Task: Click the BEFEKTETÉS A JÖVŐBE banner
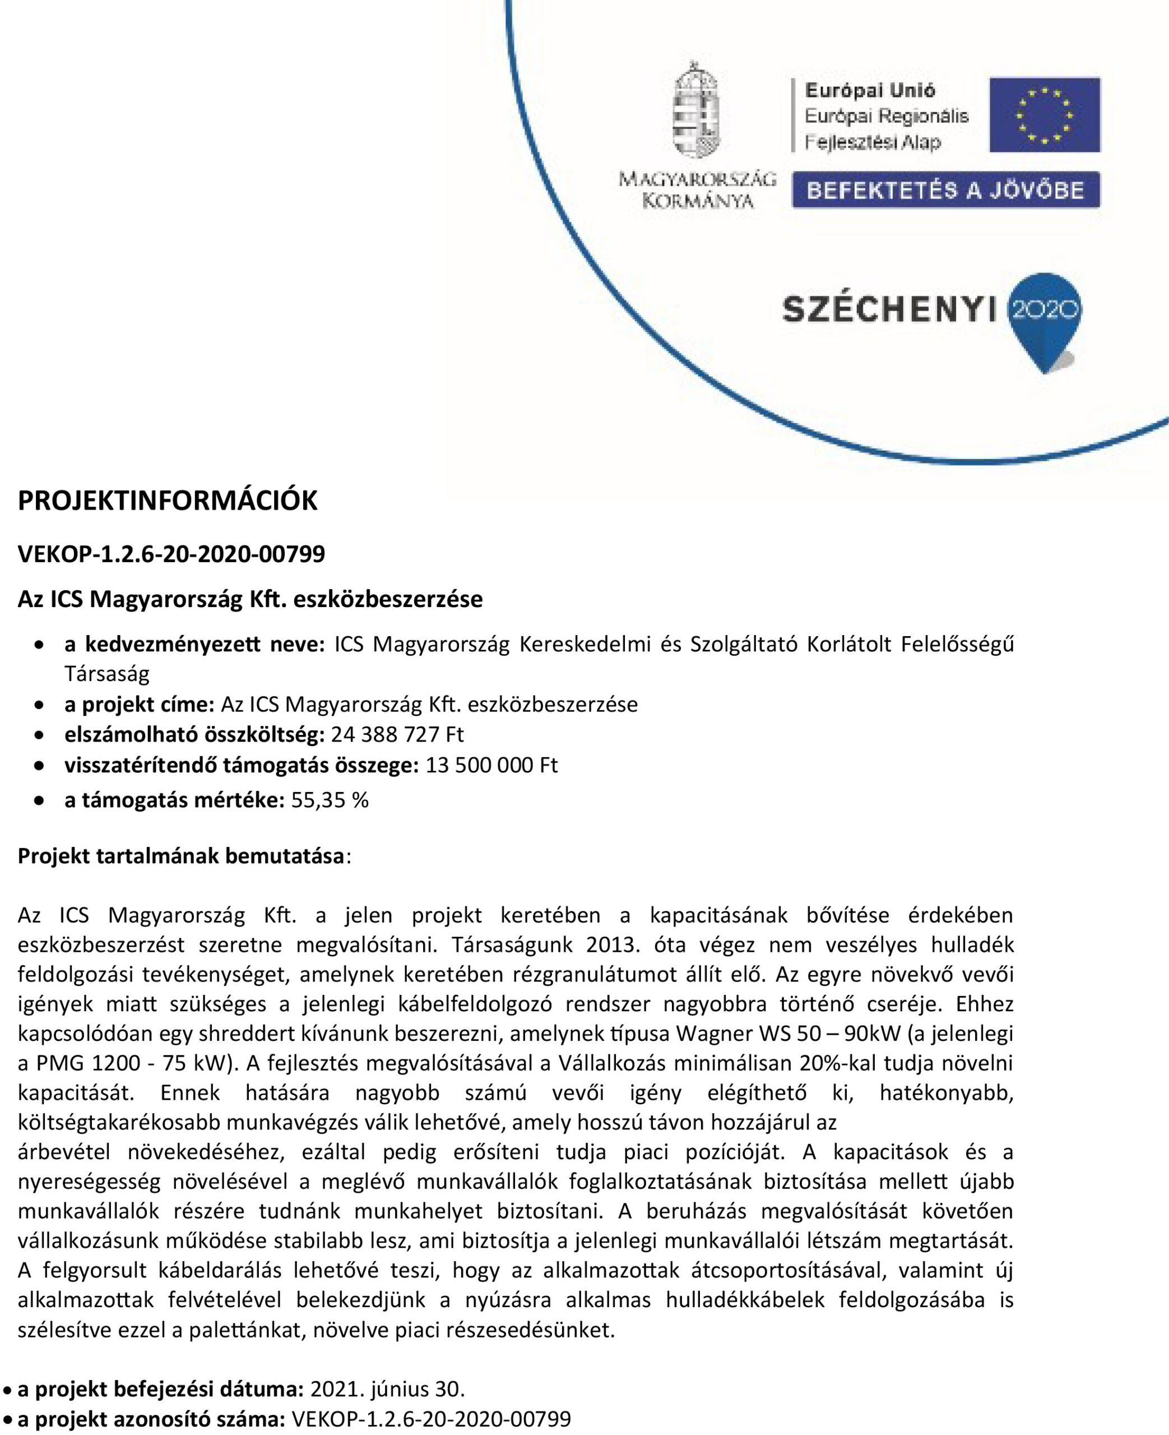coord(945,190)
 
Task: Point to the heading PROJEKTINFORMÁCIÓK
coord(167,501)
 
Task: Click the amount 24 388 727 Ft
coord(397,733)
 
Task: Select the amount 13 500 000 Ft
coord(491,765)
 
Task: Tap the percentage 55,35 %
coord(330,800)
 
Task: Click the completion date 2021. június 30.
coord(387,1388)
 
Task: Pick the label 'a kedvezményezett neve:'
coord(194,645)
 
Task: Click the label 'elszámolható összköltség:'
coord(194,733)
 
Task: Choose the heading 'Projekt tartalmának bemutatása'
coord(181,856)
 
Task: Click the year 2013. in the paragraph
coord(612,945)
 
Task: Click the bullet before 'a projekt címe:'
coord(40,705)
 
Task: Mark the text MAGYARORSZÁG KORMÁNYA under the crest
coord(697,190)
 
